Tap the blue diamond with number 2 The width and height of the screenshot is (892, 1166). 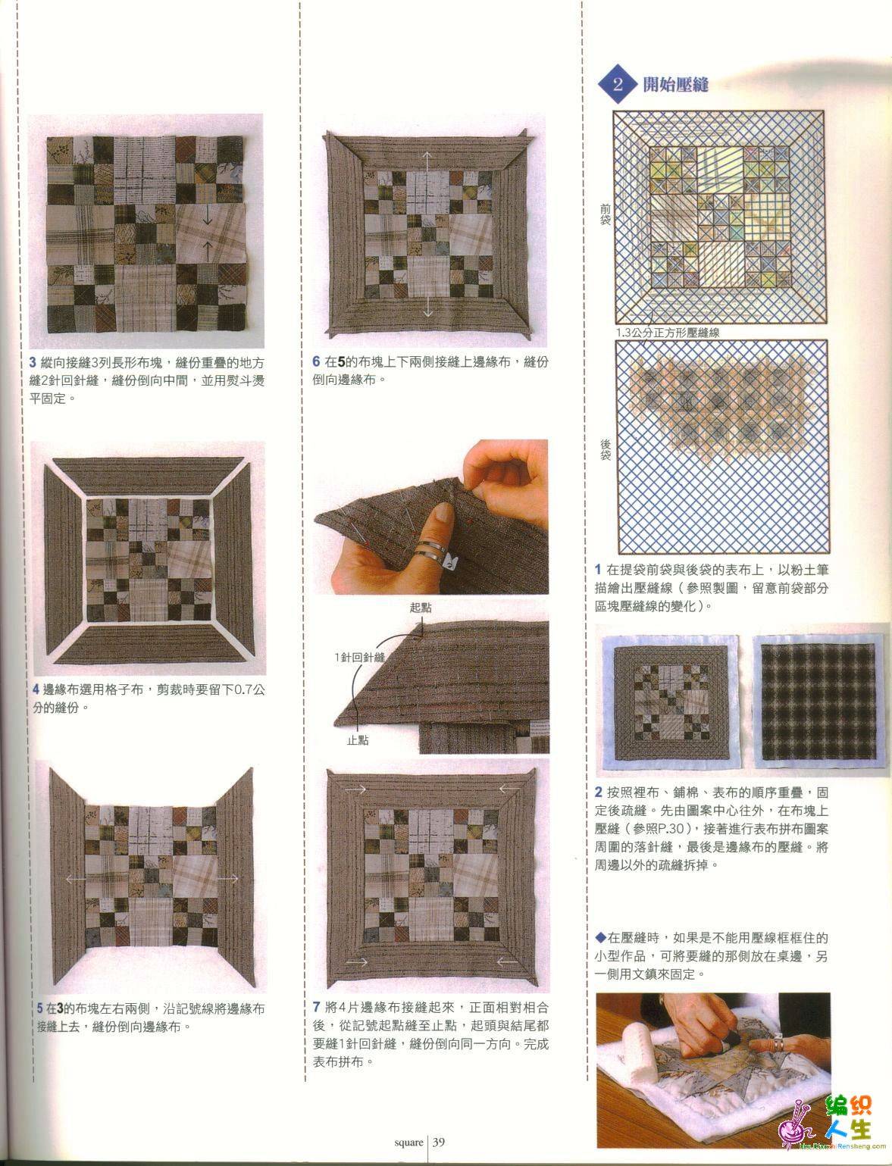pyautogui.click(x=618, y=84)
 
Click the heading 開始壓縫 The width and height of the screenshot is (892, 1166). pyautogui.click(x=676, y=84)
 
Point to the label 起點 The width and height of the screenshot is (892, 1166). pyautogui.click(x=421, y=607)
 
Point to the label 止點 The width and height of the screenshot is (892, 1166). pyautogui.click(x=358, y=740)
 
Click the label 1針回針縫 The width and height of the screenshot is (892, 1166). pyautogui.click(x=359, y=657)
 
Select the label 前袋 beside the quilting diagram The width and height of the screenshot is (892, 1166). pyautogui.click(x=605, y=214)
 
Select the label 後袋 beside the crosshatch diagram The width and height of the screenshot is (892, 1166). pyautogui.click(x=605, y=449)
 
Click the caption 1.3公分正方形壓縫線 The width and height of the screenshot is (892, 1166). pyautogui.click(x=668, y=333)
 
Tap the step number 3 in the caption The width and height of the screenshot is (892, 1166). pyautogui.click(x=33, y=363)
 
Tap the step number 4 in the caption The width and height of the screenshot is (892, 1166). pyautogui.click(x=36, y=689)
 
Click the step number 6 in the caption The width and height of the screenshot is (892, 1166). pyautogui.click(x=316, y=361)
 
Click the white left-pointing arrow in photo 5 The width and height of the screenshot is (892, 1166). pyautogui.click(x=76, y=879)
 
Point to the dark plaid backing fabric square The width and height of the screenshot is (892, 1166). pyautogui.click(x=818, y=702)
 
